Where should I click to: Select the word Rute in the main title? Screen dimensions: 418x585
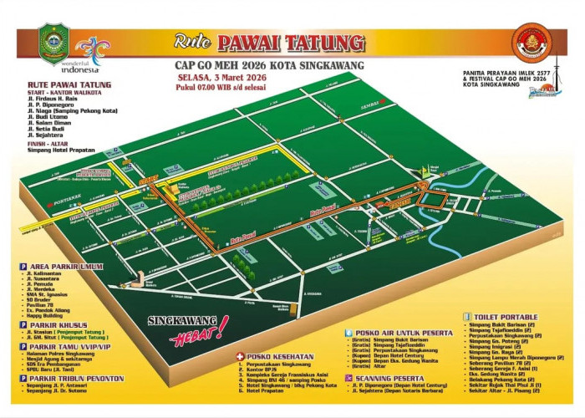(x=191, y=41)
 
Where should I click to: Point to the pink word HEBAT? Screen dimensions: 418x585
(x=196, y=336)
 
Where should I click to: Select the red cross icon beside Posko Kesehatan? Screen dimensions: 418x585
(x=240, y=356)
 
